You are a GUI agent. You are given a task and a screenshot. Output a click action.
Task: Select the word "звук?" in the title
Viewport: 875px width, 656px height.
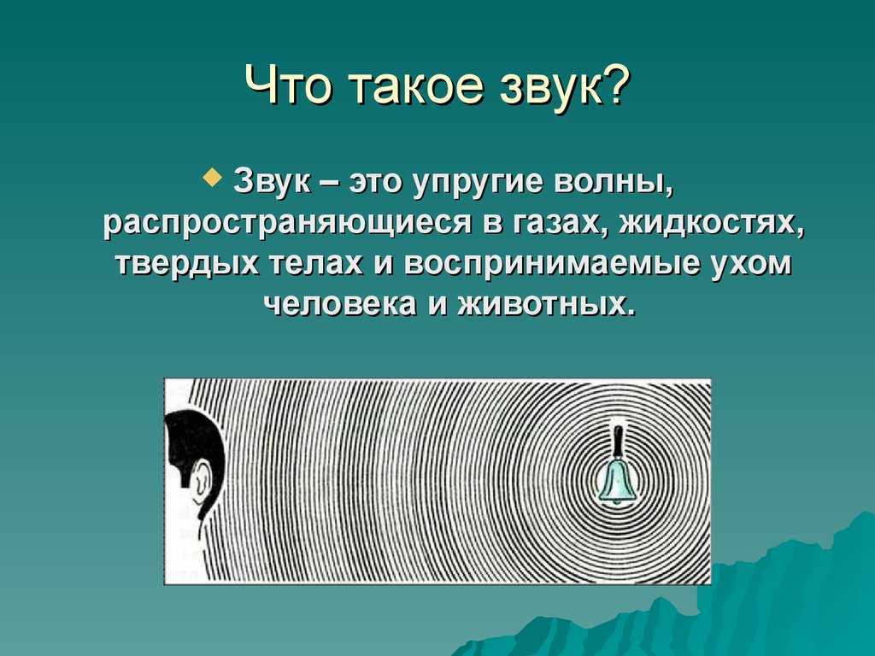pos(564,85)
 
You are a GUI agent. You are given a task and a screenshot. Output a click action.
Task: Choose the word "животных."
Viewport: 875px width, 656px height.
pos(547,306)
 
